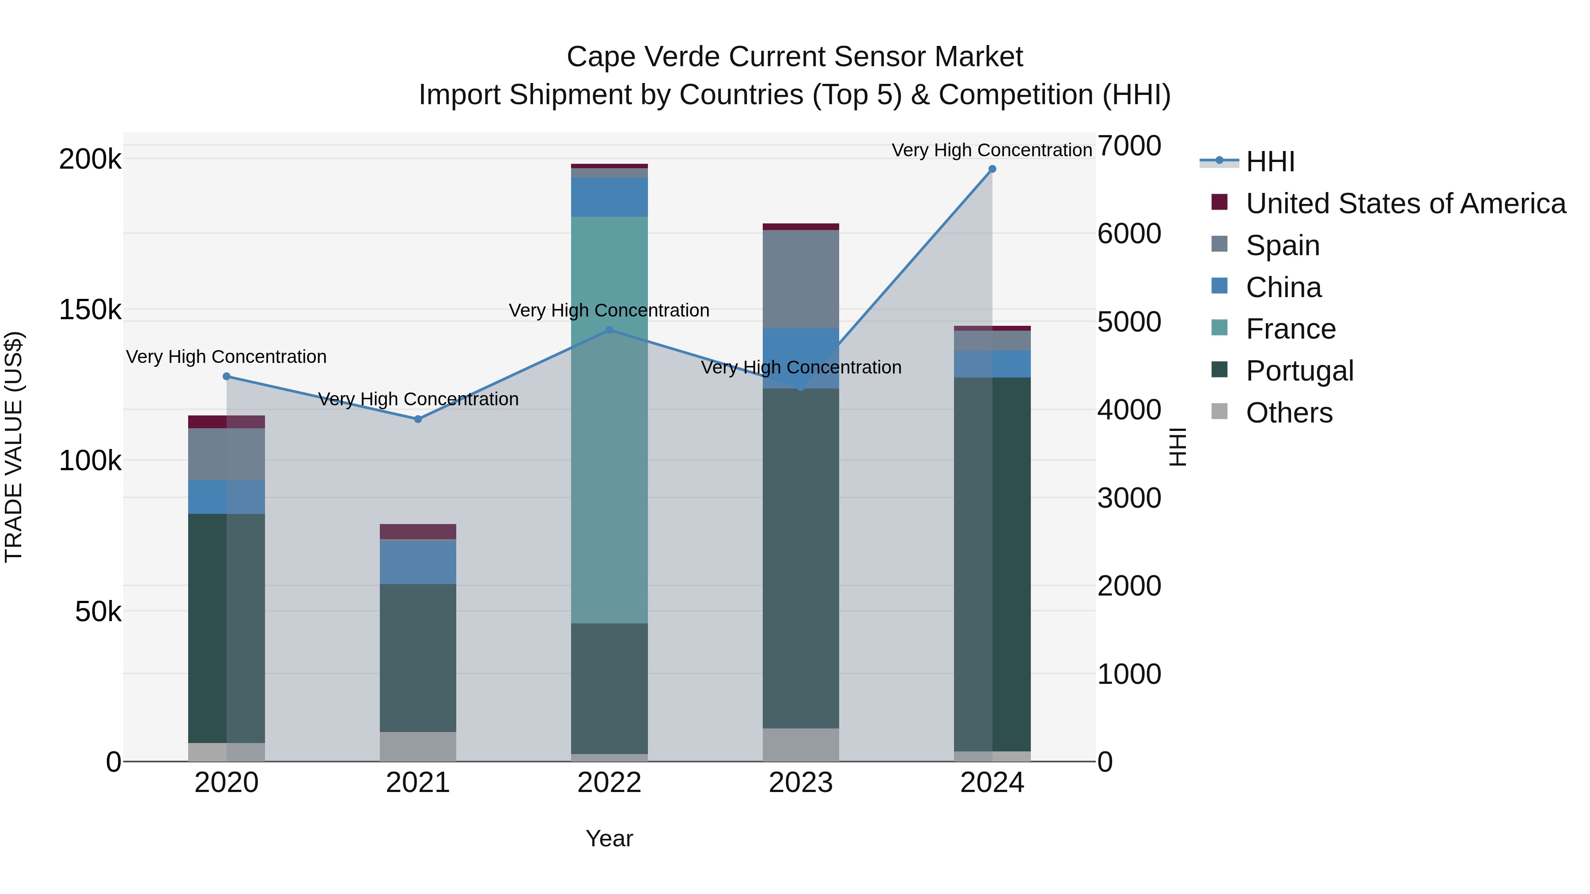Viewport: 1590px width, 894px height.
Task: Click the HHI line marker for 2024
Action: click(992, 169)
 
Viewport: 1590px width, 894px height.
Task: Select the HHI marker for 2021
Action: click(418, 419)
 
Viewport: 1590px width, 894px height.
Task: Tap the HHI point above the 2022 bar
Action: click(609, 330)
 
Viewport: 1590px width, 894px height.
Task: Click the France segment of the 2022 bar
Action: click(609, 419)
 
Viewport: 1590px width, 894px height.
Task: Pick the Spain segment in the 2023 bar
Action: click(801, 279)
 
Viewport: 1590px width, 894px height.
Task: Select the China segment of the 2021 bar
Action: click(418, 562)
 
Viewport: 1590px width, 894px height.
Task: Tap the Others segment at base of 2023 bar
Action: click(801, 745)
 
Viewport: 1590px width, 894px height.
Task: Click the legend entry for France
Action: click(1291, 329)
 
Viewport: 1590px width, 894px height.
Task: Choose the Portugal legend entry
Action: click(1299, 371)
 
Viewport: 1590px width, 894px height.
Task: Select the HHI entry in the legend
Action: click(1270, 162)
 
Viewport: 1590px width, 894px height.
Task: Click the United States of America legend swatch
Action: click(1219, 202)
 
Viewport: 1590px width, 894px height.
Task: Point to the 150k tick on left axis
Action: click(90, 310)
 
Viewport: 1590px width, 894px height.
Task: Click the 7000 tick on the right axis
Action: click(1129, 146)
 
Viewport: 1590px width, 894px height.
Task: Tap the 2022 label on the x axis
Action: click(609, 783)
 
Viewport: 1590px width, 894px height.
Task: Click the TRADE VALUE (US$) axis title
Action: click(14, 447)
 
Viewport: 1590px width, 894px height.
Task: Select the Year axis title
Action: click(609, 838)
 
